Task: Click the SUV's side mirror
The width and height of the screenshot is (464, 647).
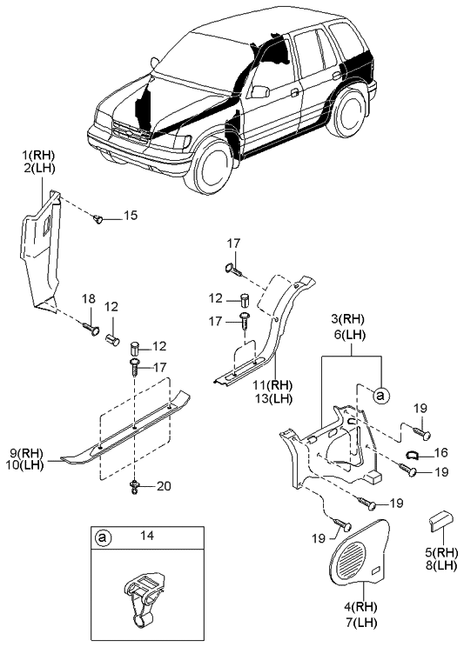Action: click(x=259, y=90)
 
